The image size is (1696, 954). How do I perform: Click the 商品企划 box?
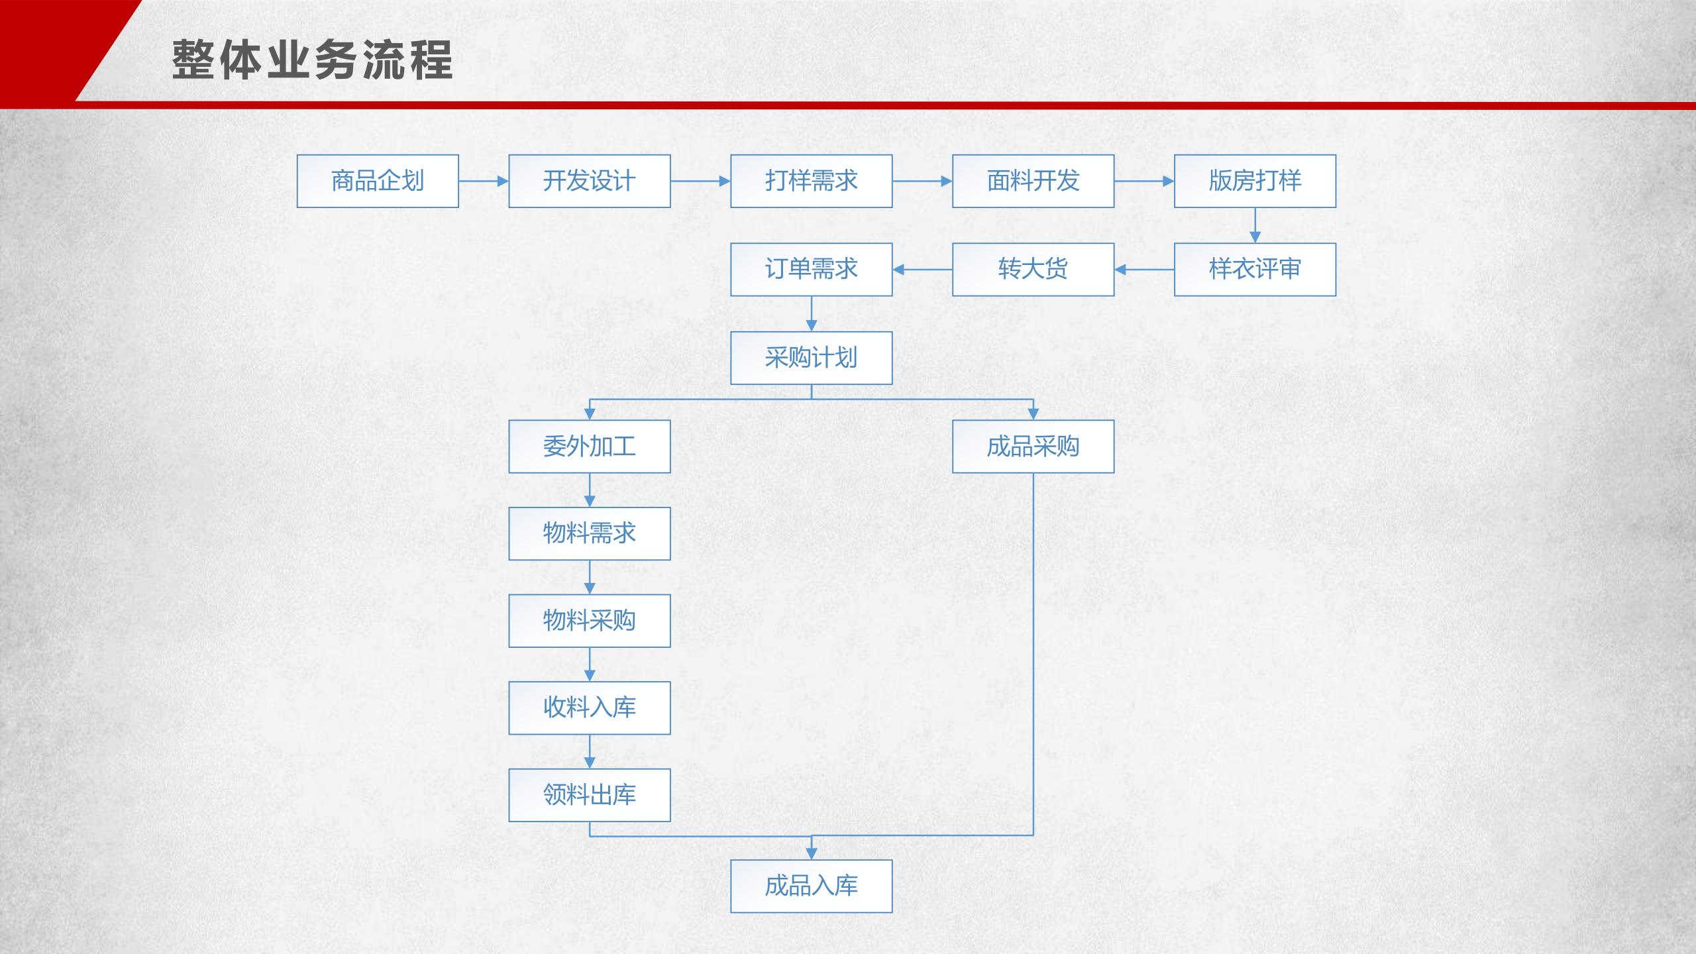coord(378,181)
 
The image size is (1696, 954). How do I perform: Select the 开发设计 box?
coord(590,181)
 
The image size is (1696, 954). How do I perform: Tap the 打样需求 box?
coord(811,181)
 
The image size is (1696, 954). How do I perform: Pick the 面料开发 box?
coord(1033,181)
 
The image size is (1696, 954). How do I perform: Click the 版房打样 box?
coord(1255,181)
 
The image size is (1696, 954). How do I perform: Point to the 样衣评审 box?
coord(1255,269)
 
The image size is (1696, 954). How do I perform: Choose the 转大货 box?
coord(1033,269)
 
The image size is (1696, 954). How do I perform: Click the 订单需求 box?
coord(811,269)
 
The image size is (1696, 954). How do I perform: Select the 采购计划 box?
coord(811,358)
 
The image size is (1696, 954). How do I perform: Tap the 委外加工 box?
coord(590,446)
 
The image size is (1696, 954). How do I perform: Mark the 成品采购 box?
coord(1033,446)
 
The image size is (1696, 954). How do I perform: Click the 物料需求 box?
coord(590,533)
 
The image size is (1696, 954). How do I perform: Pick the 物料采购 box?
coord(590,621)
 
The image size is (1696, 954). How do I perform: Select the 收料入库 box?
coord(590,708)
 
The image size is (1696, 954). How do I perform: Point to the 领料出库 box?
coord(590,795)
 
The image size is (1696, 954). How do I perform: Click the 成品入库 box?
coord(811,886)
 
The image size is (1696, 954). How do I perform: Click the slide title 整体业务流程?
coord(312,60)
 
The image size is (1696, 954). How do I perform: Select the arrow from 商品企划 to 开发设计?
coord(484,181)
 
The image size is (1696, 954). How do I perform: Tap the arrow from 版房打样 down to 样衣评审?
coord(1255,225)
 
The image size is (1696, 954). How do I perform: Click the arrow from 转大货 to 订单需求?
coord(922,270)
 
